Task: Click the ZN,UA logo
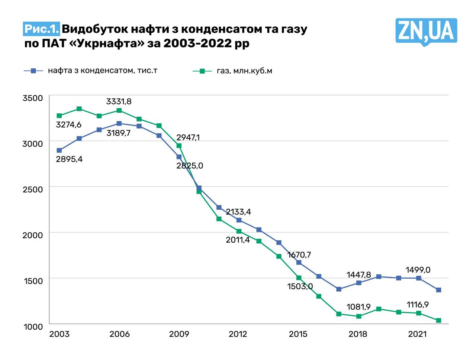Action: click(x=425, y=32)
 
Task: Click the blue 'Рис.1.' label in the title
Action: click(x=41, y=29)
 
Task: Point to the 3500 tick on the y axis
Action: click(x=33, y=98)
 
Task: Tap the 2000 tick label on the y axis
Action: click(x=33, y=235)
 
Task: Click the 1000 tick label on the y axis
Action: click(x=33, y=327)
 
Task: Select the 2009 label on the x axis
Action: click(x=179, y=334)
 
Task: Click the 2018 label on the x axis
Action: click(x=358, y=334)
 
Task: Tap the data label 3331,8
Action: click(x=119, y=101)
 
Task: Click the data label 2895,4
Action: click(x=69, y=159)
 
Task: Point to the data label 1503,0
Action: click(x=300, y=286)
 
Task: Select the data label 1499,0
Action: click(x=418, y=270)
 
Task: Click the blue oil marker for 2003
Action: click(x=59, y=150)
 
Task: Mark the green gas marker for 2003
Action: click(x=59, y=116)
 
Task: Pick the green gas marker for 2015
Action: click(x=299, y=278)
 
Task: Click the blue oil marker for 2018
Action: click(x=358, y=283)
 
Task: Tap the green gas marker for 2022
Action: click(x=438, y=320)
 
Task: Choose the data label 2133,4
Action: click(x=238, y=212)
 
